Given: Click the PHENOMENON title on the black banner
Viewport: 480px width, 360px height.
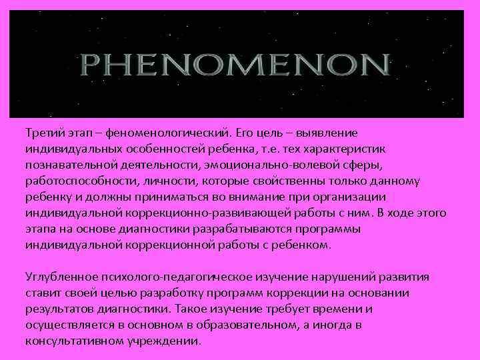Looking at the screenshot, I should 235,65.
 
